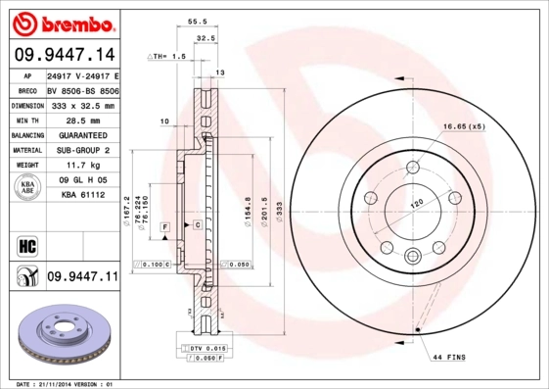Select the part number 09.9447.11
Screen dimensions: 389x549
coord(81,278)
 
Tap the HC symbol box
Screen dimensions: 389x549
coord(26,244)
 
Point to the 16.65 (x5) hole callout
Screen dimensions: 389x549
coord(463,127)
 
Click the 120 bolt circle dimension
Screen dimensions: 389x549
coord(415,205)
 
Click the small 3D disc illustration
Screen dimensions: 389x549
coord(61,338)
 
